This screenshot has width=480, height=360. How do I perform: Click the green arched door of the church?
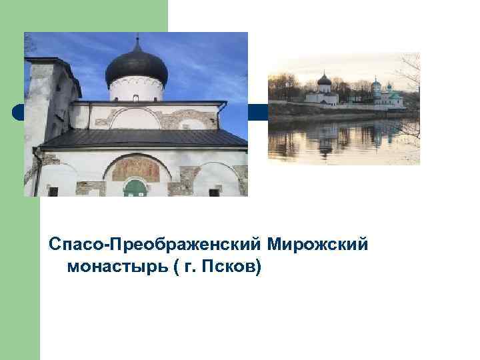pos(135,189)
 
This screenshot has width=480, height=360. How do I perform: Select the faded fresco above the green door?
pos(135,169)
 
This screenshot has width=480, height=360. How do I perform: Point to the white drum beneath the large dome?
pos(136,89)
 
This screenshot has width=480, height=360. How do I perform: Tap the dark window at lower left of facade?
pos(53,191)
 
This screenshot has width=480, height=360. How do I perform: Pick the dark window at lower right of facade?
pos(214,191)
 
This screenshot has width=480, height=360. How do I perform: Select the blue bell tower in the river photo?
pos(377,92)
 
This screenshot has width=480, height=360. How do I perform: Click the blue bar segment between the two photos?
pos(257,112)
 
